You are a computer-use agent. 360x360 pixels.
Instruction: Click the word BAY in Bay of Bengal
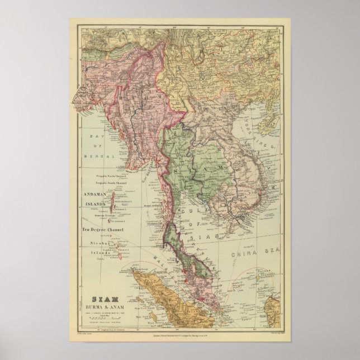(x=100, y=131)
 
